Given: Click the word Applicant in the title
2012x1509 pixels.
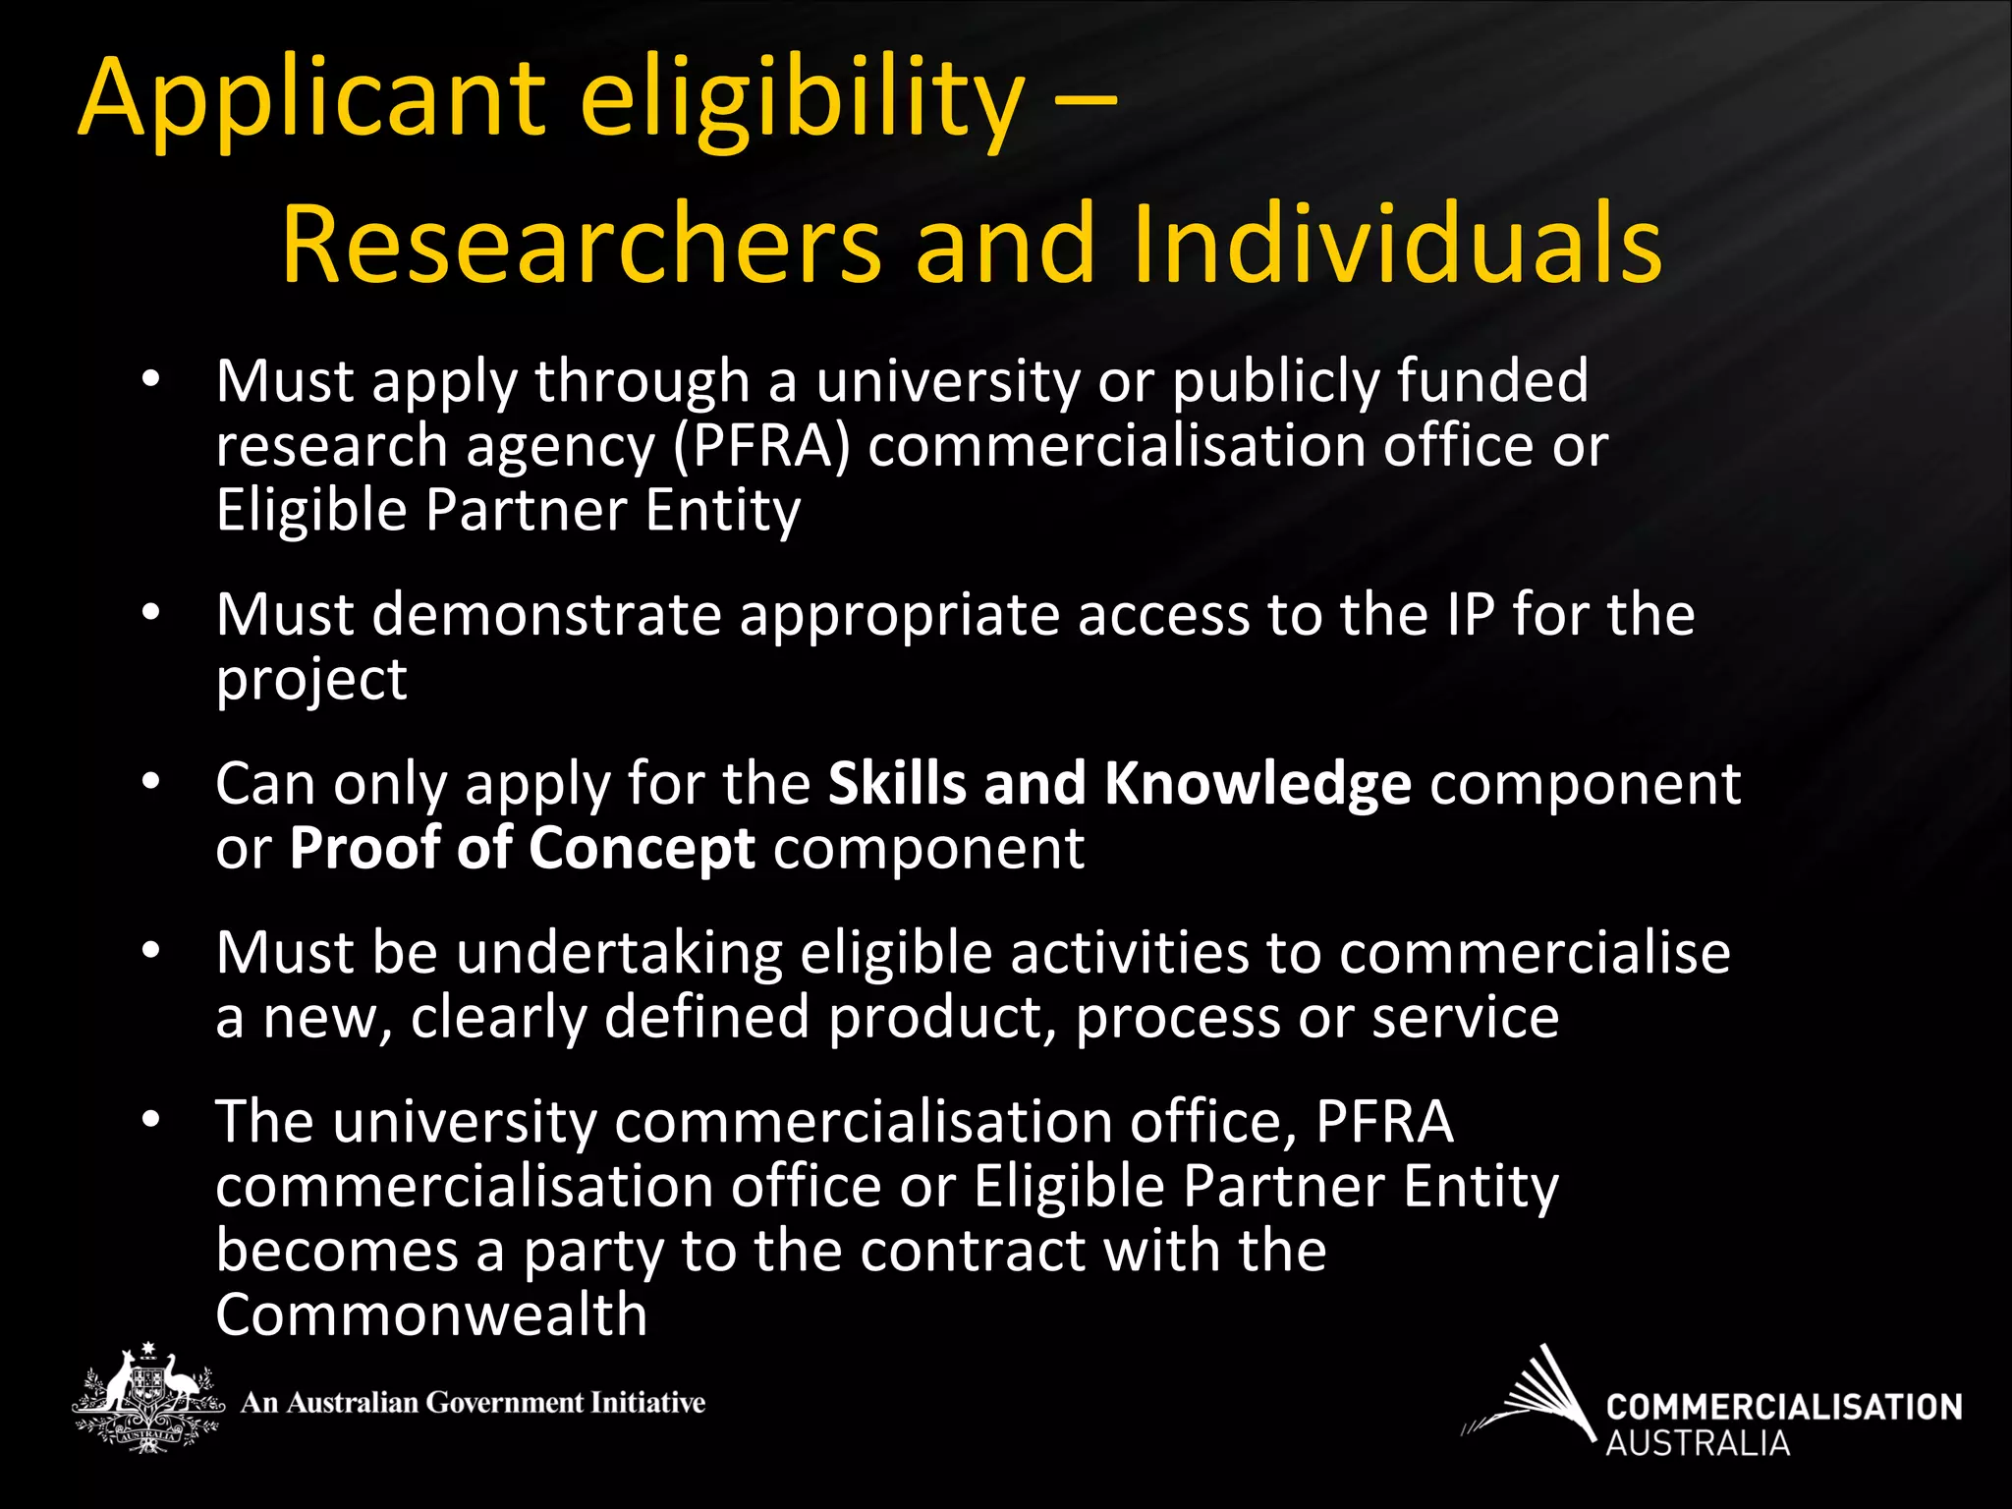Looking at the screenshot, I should point(310,98).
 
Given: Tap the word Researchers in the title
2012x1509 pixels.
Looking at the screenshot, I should point(582,244).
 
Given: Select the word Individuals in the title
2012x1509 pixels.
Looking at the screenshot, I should point(1396,244).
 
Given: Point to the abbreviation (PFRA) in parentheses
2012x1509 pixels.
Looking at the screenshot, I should point(761,446).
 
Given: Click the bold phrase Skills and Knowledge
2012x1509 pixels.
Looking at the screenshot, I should point(1119,784).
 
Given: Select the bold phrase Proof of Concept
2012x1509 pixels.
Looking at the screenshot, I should point(523,848).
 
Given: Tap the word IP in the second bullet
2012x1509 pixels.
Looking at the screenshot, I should point(1470,615).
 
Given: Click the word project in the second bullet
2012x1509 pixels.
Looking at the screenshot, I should point(310,681).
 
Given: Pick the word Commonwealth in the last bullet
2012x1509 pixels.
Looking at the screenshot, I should point(431,1314).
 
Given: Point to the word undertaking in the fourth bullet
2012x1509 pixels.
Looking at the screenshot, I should point(620,953).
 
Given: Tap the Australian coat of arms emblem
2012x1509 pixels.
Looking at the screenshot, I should point(146,1398).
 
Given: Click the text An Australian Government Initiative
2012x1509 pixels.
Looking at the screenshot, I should point(473,1402).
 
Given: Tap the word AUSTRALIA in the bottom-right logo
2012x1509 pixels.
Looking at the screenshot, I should point(1697,1443).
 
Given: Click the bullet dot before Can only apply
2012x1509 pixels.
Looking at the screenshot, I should point(149,783).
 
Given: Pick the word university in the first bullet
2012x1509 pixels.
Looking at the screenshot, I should point(948,381).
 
